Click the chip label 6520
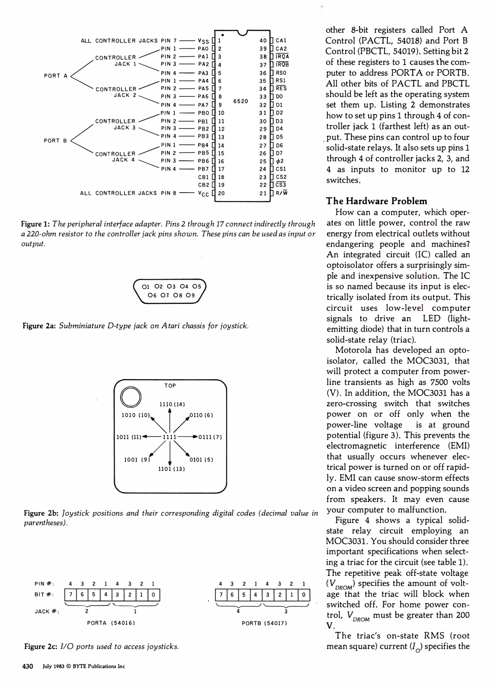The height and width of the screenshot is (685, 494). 240,101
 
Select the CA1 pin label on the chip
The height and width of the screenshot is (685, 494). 281,41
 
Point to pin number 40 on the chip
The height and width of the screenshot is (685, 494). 263,41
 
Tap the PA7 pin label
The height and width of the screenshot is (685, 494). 203,105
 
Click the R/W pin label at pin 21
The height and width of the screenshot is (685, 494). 282,193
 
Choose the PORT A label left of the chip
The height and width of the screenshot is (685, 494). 56,76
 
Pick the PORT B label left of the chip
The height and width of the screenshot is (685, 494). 55,140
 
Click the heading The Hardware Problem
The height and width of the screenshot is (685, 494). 377,201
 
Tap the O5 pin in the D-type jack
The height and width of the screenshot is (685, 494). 197,286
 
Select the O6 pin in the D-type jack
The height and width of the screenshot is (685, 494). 152,295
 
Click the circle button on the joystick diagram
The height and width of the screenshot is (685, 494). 131,397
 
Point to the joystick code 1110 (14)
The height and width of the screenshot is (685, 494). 172,404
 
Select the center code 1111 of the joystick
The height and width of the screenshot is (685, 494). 169,437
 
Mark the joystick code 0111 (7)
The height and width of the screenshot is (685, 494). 210,437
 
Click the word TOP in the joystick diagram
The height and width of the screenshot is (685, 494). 170,386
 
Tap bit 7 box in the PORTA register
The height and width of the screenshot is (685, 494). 70,595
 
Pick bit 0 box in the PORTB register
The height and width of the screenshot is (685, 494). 304,595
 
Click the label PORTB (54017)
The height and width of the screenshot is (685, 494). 264,623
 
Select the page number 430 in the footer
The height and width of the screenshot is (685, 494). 28,666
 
